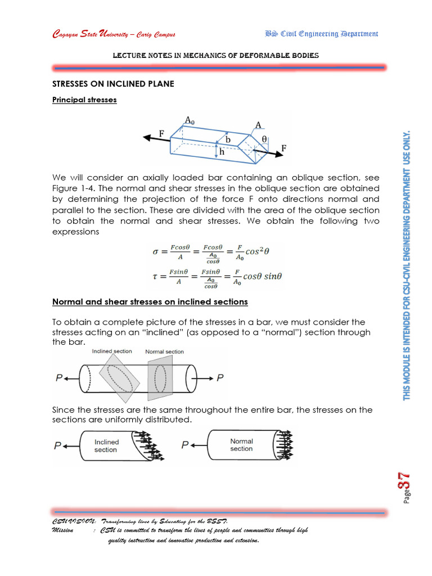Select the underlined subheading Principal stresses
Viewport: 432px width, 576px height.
tap(84, 100)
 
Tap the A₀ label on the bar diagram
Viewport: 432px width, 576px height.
tap(191, 119)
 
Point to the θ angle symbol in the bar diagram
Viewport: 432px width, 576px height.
tap(264, 138)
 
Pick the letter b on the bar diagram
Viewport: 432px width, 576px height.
tap(228, 139)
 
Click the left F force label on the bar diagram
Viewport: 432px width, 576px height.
tap(161, 134)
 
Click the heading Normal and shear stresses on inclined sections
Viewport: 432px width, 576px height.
tap(150, 302)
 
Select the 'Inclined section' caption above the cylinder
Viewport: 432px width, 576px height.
tap(112, 351)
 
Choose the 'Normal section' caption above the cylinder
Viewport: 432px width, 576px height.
tap(164, 352)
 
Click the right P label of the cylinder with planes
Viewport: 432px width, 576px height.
tap(220, 378)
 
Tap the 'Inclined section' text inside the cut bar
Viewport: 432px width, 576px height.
tap(106, 446)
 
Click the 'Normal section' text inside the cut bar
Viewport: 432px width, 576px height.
tap(241, 445)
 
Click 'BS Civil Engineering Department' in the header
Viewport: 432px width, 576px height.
tap(321, 34)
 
